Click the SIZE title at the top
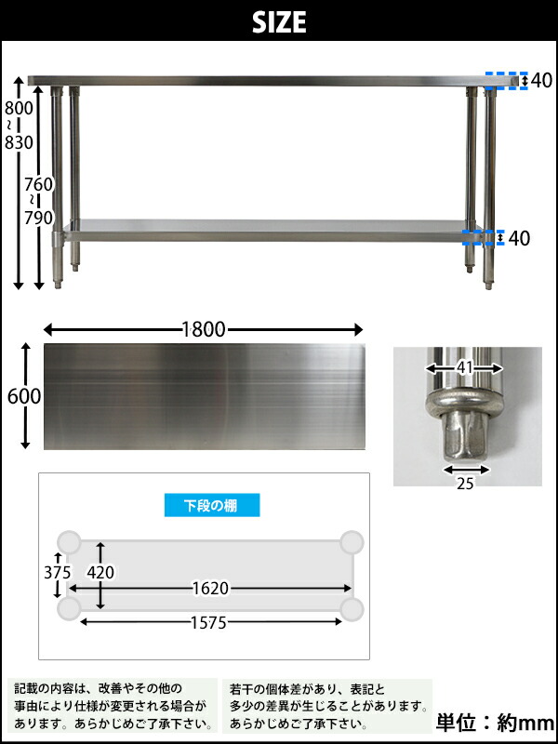click(x=279, y=21)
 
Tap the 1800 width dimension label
click(x=204, y=329)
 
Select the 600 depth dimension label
click(x=24, y=396)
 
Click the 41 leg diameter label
click(x=464, y=368)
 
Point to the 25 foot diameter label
click(x=465, y=484)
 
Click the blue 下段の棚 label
click(x=212, y=505)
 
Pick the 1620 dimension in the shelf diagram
click(x=210, y=589)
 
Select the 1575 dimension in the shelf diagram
click(x=209, y=622)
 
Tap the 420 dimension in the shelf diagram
click(x=100, y=573)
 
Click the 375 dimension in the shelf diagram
click(x=57, y=572)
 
